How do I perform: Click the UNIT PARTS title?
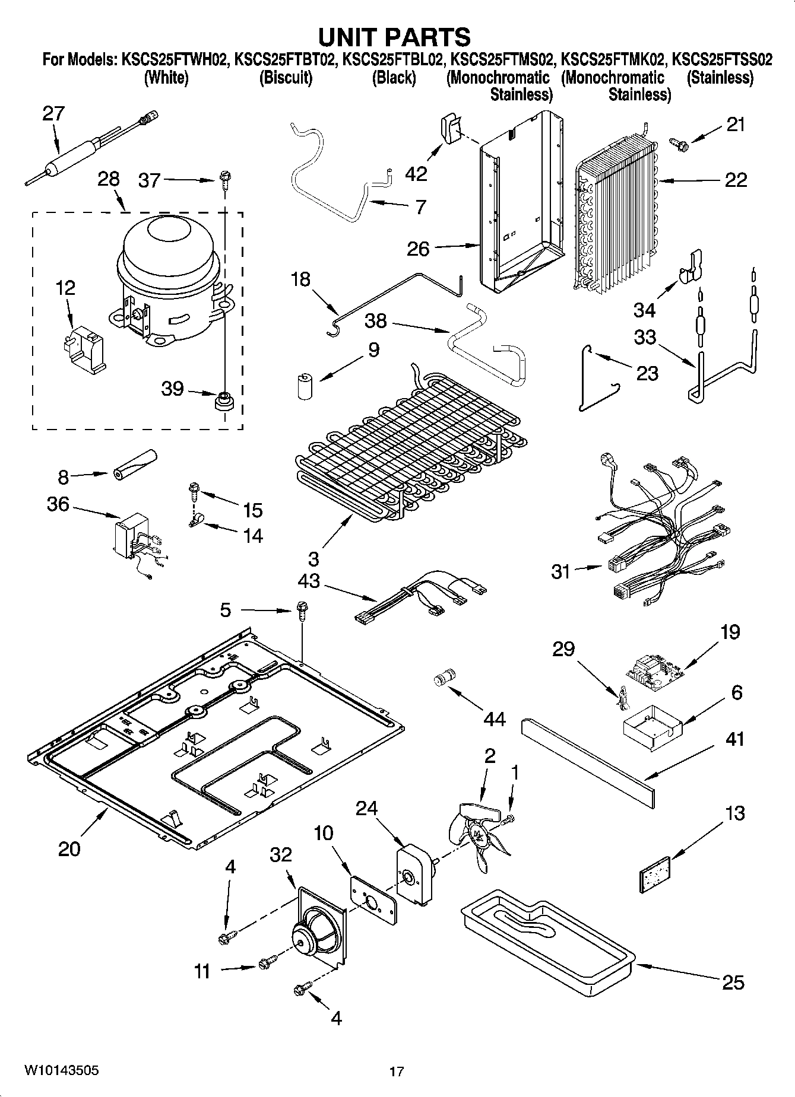pos(394,37)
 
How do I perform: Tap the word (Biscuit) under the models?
pos(286,78)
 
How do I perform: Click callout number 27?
pos(53,113)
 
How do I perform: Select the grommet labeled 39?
pos(224,400)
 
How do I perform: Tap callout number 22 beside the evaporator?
pos(736,180)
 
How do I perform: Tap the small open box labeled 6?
pos(649,726)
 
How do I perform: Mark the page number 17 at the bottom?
pos(397,1071)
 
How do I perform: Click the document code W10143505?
pos(61,1070)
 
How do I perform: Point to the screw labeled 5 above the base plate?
pos(301,610)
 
